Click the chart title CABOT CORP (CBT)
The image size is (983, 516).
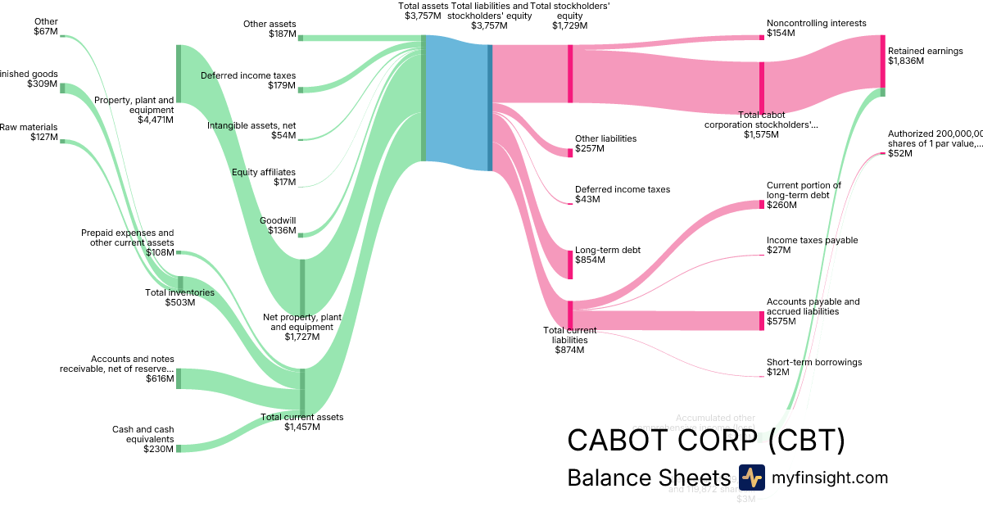[705, 441]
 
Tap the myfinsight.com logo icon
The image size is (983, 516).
[751, 478]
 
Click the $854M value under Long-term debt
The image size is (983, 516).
[590, 260]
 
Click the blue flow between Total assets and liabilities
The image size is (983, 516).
[455, 102]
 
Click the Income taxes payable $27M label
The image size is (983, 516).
[812, 245]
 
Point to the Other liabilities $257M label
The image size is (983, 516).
[605, 143]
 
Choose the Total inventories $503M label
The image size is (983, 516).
[179, 297]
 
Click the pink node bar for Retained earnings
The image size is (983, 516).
[882, 61]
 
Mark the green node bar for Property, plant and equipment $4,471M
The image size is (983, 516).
[178, 74]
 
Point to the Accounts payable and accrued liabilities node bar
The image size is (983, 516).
[761, 320]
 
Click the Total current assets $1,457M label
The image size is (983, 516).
[301, 422]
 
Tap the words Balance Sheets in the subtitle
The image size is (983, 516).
[648, 478]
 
